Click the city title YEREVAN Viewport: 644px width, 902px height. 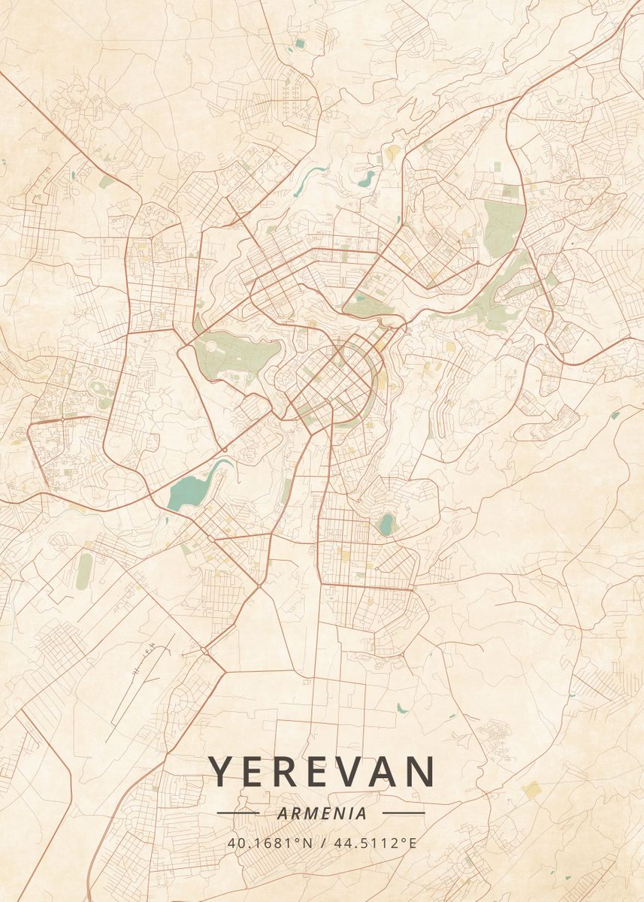(322, 772)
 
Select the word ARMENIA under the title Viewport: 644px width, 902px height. (322, 813)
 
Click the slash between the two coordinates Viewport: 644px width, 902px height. (322, 843)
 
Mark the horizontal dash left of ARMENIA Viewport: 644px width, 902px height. (237, 813)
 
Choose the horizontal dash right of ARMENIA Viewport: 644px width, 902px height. (404, 813)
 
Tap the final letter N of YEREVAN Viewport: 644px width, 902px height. (419, 772)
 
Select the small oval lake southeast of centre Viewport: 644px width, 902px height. (386, 524)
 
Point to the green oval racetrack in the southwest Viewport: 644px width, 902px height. (84, 571)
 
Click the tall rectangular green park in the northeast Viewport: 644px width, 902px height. (503, 226)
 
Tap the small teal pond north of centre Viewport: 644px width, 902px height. (367, 179)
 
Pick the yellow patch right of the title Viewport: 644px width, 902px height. (531, 788)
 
